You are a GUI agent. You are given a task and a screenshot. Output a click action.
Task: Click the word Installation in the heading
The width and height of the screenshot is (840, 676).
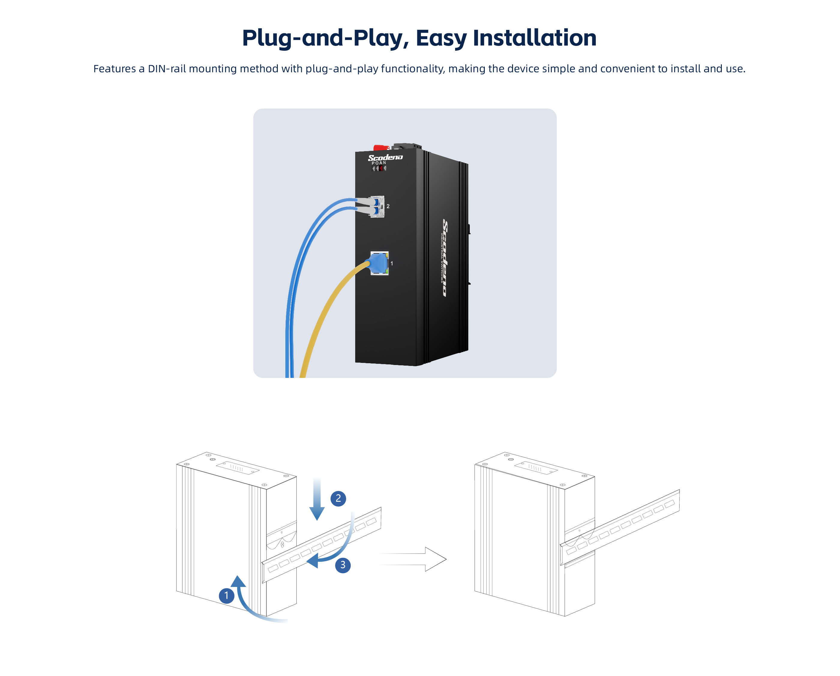(535, 38)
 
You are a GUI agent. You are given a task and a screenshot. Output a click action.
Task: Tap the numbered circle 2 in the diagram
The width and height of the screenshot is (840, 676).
(338, 498)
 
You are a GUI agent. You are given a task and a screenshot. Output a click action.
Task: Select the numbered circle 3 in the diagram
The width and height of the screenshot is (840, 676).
(343, 565)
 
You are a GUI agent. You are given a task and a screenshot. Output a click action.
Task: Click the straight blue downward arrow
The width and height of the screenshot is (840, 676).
(317, 499)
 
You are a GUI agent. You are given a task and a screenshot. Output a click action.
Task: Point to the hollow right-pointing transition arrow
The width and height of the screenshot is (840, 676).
(413, 559)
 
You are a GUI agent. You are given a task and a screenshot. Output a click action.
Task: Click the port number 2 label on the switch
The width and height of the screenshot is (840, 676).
(388, 206)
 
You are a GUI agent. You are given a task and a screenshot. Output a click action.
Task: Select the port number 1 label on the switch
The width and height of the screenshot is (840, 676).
(391, 264)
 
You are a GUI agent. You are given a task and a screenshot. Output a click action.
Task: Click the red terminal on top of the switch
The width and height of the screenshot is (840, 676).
(381, 148)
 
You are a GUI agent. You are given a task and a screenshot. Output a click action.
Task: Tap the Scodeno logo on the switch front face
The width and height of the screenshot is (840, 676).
(385, 157)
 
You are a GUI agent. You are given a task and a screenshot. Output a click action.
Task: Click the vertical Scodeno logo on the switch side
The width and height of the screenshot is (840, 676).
(445, 258)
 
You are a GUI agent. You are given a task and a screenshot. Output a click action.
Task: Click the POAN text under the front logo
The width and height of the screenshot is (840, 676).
(379, 163)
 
